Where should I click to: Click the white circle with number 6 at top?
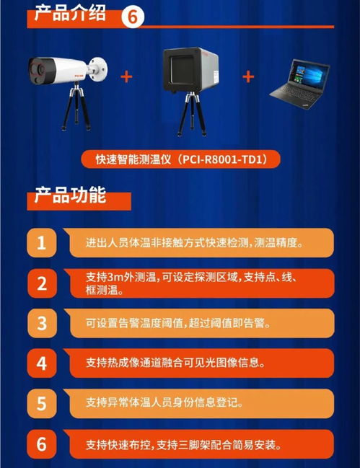(133, 16)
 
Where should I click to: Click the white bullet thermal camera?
(65, 69)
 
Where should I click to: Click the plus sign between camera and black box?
(127, 76)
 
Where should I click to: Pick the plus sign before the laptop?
(249, 76)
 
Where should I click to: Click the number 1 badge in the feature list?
(43, 243)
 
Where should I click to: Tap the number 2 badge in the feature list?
(43, 283)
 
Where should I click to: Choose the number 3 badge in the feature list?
(43, 323)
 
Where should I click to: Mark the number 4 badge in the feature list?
(43, 363)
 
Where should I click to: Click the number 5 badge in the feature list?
(43, 402)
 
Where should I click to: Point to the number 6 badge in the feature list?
(43, 443)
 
